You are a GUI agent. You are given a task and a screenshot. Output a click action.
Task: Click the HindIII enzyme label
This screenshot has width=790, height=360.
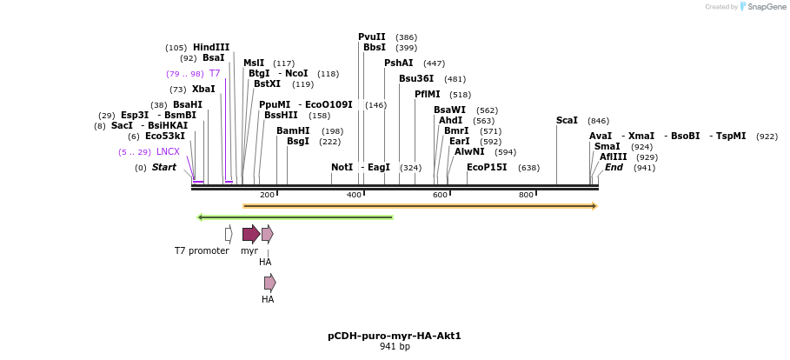(211, 48)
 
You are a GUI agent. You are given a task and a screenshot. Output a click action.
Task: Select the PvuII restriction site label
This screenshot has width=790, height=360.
(372, 37)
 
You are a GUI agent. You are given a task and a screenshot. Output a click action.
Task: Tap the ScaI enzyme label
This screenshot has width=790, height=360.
(567, 121)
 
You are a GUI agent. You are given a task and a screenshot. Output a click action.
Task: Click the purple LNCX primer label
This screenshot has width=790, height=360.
(168, 152)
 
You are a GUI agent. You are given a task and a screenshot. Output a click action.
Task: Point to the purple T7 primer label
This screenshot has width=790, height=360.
(214, 74)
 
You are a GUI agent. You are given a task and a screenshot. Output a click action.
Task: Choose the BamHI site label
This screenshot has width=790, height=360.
(293, 131)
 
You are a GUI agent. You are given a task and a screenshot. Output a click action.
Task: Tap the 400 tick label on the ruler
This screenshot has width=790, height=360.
(354, 195)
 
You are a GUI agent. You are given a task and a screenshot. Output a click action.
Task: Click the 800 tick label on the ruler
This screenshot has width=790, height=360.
(526, 195)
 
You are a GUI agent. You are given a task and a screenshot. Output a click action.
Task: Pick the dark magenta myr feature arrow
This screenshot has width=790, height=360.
(251, 233)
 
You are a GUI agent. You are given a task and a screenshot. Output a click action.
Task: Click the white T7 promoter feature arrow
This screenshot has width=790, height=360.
(229, 233)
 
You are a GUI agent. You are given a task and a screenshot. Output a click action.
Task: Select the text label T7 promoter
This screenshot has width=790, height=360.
(202, 251)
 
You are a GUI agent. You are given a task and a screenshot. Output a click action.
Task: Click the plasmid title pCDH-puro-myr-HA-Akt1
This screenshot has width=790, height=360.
(395, 336)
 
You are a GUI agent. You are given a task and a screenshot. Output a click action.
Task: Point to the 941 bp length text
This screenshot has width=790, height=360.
(395, 347)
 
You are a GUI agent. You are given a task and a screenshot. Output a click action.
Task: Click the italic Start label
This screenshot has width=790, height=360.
(164, 167)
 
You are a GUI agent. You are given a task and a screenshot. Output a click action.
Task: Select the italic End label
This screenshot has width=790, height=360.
(614, 167)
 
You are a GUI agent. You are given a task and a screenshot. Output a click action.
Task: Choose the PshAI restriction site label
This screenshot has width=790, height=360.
(399, 63)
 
